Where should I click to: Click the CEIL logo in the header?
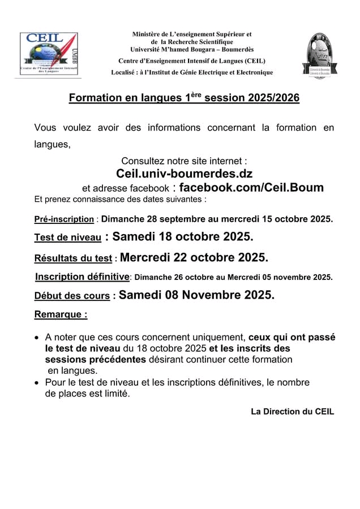[x=49, y=54]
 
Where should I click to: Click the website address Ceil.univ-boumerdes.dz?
[x=184, y=174]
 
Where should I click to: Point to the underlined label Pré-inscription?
[x=64, y=219]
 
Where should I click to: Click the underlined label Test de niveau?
[x=68, y=238]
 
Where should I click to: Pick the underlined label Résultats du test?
[x=73, y=259]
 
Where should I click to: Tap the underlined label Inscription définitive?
[x=83, y=277]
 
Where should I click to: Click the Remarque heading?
[x=61, y=313]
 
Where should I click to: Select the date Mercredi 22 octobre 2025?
[x=194, y=257]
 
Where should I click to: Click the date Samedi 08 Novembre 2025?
[x=196, y=294]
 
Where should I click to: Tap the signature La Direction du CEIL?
[x=292, y=411]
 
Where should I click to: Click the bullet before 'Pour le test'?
[x=37, y=383]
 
